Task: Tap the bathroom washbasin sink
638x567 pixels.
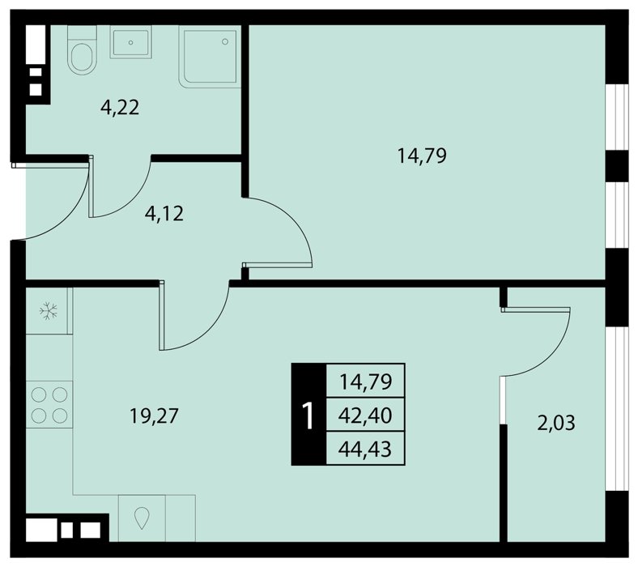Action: [130, 42]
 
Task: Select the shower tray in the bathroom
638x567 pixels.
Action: [210, 56]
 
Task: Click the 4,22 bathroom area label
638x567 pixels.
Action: [120, 108]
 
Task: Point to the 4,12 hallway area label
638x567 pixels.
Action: [164, 214]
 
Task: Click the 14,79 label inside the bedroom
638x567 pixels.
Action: [422, 156]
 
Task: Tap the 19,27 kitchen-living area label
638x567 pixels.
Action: [154, 416]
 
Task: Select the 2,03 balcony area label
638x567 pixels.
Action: [555, 423]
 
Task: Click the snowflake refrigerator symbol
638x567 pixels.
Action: [49, 311]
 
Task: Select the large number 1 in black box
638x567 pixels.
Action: [308, 415]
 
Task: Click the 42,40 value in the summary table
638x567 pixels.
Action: [365, 416]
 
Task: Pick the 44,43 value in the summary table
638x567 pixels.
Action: [365, 450]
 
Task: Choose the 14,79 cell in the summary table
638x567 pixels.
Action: [365, 382]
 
